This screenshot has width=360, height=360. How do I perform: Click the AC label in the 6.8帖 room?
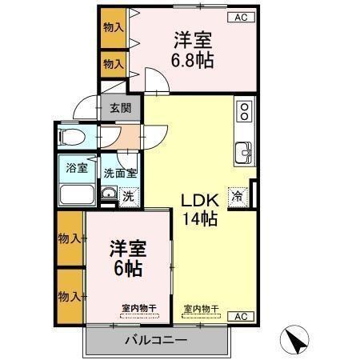(240, 17)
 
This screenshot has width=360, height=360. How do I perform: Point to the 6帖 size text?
(127, 268)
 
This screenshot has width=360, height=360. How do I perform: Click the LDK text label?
(198, 198)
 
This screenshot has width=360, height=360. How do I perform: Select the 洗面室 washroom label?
(120, 171)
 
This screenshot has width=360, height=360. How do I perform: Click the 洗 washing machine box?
(128, 194)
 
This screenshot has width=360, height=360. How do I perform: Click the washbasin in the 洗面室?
(108, 194)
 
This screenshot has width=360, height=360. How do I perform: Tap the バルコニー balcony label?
(155, 341)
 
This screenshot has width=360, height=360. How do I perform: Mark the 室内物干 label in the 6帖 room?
(139, 308)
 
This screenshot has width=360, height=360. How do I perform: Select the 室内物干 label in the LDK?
(201, 308)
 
